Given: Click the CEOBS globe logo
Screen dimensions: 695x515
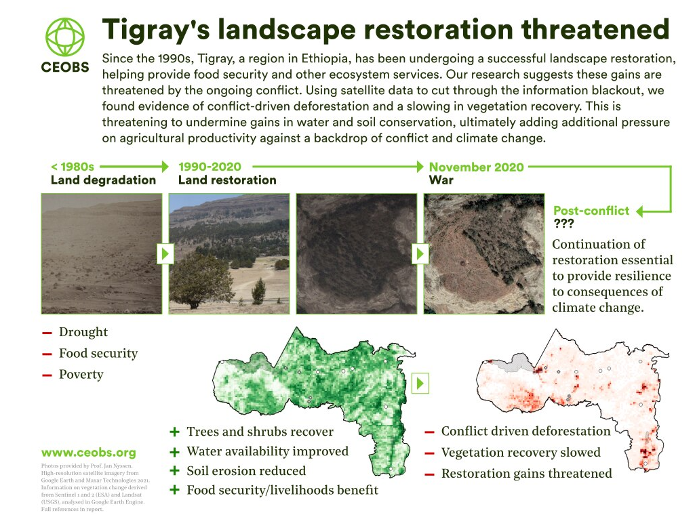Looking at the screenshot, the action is click(x=64, y=37).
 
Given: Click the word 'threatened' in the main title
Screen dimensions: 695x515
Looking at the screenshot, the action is click(x=595, y=29).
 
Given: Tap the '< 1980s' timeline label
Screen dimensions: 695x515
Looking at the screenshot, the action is click(x=73, y=167).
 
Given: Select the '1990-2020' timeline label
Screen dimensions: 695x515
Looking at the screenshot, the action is click(x=210, y=167).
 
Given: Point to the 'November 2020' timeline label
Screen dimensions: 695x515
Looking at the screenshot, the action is click(x=477, y=167).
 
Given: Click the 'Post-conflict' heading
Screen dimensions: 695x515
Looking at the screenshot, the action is click(x=591, y=210).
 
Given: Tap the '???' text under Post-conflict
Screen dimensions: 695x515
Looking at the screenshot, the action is click(x=564, y=223).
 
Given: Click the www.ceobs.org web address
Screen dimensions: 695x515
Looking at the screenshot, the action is click(x=89, y=453).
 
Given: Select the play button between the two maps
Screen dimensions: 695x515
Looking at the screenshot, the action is click(x=420, y=383).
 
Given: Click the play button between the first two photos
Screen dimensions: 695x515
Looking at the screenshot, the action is click(x=165, y=253).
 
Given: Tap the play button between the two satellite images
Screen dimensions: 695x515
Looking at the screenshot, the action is click(x=420, y=253).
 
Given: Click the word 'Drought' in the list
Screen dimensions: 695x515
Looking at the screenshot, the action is click(x=83, y=332).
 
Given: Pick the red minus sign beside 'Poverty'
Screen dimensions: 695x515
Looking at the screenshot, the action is click(x=47, y=375).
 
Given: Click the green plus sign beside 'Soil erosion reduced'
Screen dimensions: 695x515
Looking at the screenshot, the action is click(x=175, y=470).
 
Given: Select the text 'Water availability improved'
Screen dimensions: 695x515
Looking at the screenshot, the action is click(x=268, y=451).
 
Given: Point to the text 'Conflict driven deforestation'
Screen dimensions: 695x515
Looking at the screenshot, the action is click(x=526, y=431).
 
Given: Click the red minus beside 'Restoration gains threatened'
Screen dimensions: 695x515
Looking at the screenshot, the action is click(x=429, y=474).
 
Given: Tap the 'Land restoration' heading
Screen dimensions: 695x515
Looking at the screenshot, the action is click(x=227, y=180).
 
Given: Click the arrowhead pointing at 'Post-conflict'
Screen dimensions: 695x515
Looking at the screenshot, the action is click(x=639, y=211).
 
